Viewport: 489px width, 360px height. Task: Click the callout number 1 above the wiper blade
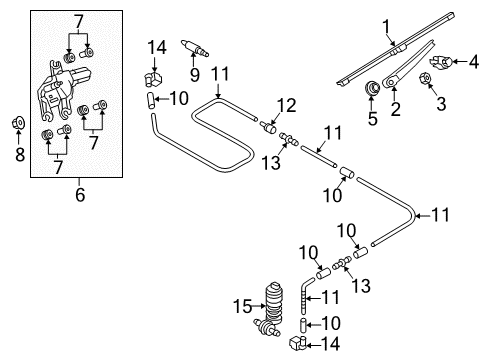[x=386, y=27]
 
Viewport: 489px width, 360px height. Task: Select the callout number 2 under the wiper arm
[x=395, y=109]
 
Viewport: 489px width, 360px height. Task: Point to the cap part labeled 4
[x=439, y=62]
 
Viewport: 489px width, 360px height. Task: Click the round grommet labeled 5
[x=372, y=88]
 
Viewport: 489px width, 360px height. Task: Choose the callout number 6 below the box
[x=80, y=195]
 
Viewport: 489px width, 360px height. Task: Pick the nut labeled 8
[x=19, y=123]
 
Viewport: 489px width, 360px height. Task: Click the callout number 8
[x=20, y=154]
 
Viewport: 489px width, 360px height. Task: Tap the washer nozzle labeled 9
[x=195, y=48]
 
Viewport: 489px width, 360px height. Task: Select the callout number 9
[x=195, y=74]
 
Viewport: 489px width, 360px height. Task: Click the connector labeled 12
[x=268, y=127]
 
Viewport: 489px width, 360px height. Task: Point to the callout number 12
[x=286, y=106]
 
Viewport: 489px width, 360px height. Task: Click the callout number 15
[x=242, y=306]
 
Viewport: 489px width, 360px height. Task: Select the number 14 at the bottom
[x=330, y=344]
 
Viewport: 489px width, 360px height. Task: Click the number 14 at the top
[x=157, y=48]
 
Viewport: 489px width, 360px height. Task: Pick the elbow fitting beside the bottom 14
[x=297, y=343]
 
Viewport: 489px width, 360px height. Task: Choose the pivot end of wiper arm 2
[x=389, y=82]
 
